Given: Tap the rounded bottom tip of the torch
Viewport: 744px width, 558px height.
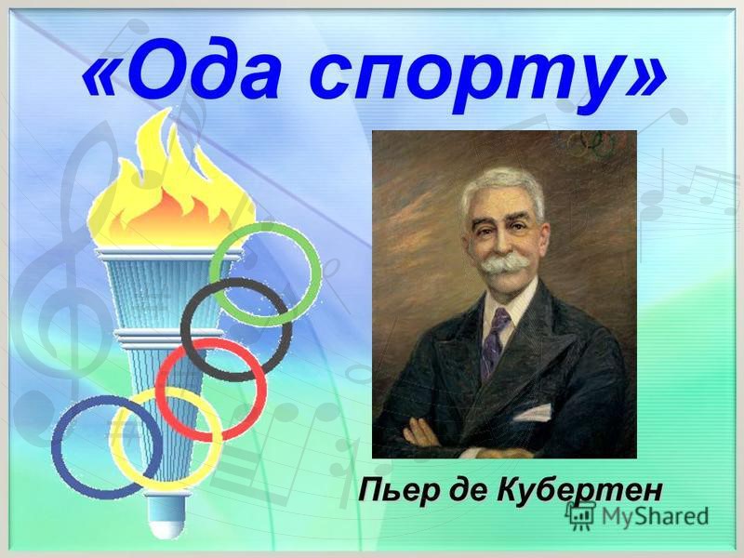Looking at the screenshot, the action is click(166, 531).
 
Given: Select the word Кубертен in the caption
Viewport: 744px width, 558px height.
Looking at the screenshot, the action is click(579, 491).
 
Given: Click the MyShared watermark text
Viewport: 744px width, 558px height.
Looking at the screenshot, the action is click(656, 517).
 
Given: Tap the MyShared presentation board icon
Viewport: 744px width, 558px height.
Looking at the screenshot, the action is click(580, 515).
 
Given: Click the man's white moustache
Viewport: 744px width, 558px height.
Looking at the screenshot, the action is click(505, 263).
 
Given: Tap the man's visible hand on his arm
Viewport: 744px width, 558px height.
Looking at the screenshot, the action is click(426, 432).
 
